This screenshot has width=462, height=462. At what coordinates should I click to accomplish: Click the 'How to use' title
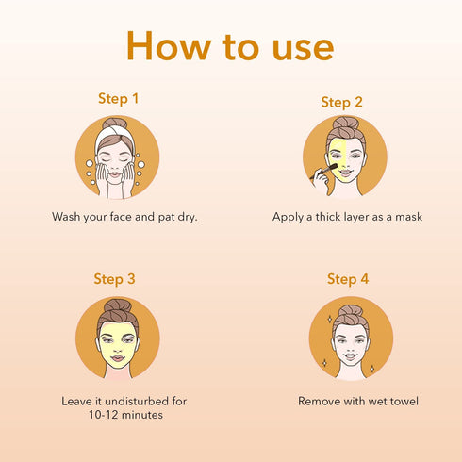tap(231, 45)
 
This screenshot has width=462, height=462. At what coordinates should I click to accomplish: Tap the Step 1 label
tap(118, 98)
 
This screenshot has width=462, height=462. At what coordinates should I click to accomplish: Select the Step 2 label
tap(341, 102)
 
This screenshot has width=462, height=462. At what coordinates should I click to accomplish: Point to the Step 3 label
tap(114, 279)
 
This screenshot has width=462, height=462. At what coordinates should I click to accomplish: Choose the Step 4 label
tap(347, 279)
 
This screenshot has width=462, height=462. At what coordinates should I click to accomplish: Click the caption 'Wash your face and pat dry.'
tap(124, 217)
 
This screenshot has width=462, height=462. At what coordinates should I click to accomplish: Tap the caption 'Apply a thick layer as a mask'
tap(347, 217)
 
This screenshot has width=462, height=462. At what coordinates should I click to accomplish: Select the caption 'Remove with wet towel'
tap(358, 401)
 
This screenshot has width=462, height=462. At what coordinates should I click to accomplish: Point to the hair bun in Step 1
tap(115, 124)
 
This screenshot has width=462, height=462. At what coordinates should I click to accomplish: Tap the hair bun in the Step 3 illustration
tap(119, 306)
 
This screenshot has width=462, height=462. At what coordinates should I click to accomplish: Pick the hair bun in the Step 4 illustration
tap(351, 311)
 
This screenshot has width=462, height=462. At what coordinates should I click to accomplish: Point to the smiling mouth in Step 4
tap(351, 358)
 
